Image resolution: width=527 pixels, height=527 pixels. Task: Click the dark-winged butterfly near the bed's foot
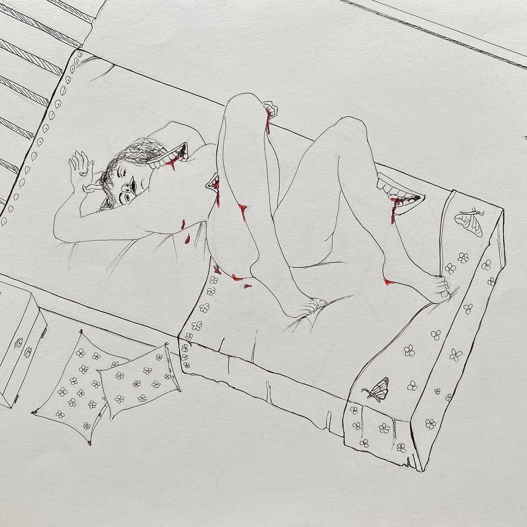click(x=377, y=389)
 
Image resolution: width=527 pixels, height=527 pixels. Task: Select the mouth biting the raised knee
click(x=269, y=110)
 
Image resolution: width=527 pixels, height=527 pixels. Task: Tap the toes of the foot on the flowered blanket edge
click(x=441, y=288)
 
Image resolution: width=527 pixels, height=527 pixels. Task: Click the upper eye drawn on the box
click(x=19, y=343)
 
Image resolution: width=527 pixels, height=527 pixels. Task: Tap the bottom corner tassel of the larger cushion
click(x=89, y=443)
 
